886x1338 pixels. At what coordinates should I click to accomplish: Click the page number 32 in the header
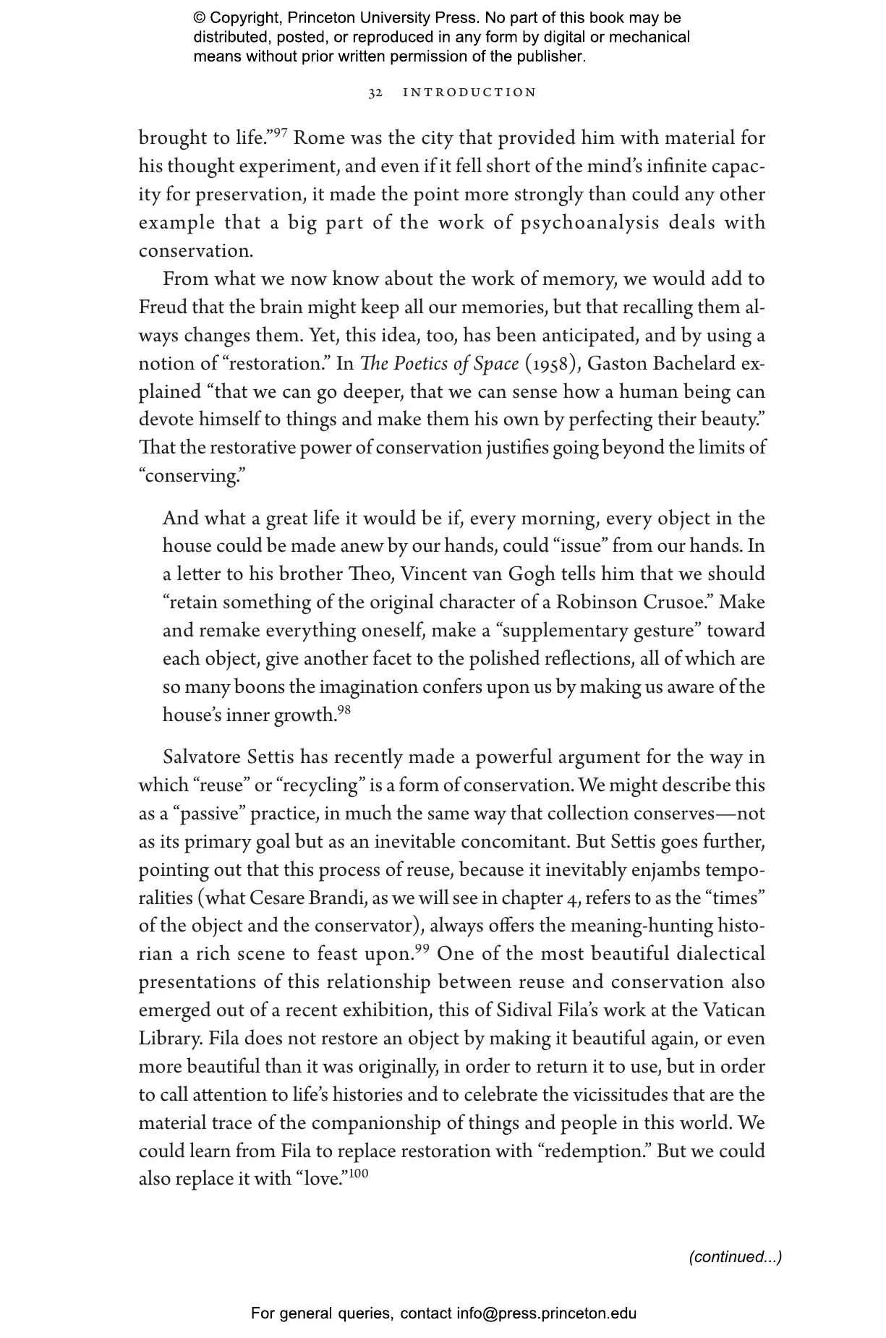coord(375,93)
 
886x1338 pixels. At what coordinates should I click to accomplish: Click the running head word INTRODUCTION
coord(469,93)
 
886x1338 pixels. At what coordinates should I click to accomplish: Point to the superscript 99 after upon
coord(422,948)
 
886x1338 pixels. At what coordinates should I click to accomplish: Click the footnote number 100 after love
coord(358,1174)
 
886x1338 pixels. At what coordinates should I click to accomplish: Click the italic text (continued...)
coord(735,1257)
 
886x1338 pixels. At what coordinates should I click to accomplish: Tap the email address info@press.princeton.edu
coord(546,1313)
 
